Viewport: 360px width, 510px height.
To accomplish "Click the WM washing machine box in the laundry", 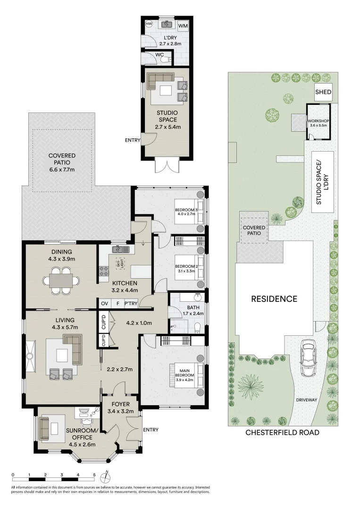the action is click(x=183, y=25).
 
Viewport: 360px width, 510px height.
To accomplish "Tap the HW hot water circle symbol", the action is click(x=149, y=24).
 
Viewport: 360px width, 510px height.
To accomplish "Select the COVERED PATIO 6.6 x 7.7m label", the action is click(x=62, y=162).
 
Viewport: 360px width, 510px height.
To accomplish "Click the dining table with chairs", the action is click(x=61, y=280).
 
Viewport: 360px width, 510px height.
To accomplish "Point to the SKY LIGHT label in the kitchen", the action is click(x=120, y=263).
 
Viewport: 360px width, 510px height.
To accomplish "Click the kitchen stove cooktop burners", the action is click(x=104, y=271).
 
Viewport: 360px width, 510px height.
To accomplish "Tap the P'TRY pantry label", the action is click(x=131, y=304).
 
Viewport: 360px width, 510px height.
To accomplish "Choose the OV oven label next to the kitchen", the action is click(x=104, y=304).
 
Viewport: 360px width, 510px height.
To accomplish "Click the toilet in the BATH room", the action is click(x=197, y=328).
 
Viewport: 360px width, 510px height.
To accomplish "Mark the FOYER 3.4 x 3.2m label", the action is click(x=120, y=408).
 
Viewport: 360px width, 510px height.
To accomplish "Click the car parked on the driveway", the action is click(x=308, y=357).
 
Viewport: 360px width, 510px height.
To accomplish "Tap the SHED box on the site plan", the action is click(x=323, y=92).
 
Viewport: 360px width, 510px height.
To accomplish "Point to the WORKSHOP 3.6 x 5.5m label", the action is click(x=318, y=123).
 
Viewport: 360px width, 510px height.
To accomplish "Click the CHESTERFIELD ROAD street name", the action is click(x=282, y=432).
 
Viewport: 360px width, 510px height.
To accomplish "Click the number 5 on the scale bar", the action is click(x=94, y=475).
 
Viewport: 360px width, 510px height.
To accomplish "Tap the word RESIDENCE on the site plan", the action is click(x=274, y=299).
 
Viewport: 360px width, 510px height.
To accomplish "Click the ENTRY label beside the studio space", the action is click(x=133, y=140).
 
